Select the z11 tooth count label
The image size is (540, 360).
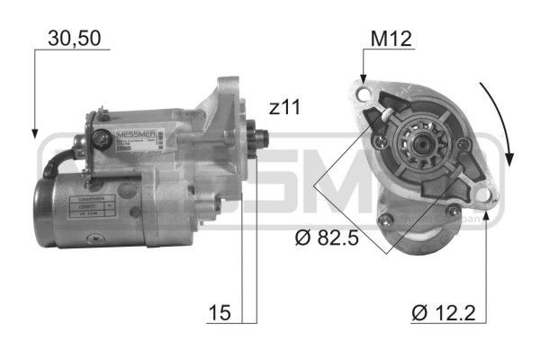(283, 108)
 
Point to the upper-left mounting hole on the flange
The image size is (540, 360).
(363, 94)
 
